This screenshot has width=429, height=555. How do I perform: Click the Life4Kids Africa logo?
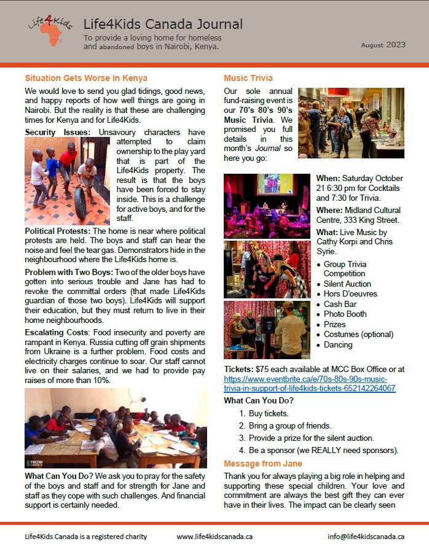[x=49, y=31]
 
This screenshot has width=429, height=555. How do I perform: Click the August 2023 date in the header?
[x=384, y=45]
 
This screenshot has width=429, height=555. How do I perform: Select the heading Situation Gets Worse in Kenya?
[x=86, y=78]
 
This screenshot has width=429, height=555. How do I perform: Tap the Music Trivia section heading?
[x=248, y=78]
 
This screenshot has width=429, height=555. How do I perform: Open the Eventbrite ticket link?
[x=309, y=384]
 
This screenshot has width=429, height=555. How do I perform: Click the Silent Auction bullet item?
[x=347, y=284]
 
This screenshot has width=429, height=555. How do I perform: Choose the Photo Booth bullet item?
[x=345, y=314]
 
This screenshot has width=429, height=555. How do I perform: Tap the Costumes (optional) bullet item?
[x=355, y=334]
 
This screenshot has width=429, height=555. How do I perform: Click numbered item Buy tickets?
[x=269, y=414]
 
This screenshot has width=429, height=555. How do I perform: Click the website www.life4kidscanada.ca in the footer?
[x=214, y=536]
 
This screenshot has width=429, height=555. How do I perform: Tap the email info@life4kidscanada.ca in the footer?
[x=366, y=536]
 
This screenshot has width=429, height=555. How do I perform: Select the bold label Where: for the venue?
[x=330, y=210]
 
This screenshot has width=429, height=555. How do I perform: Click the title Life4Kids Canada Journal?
[x=163, y=25]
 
